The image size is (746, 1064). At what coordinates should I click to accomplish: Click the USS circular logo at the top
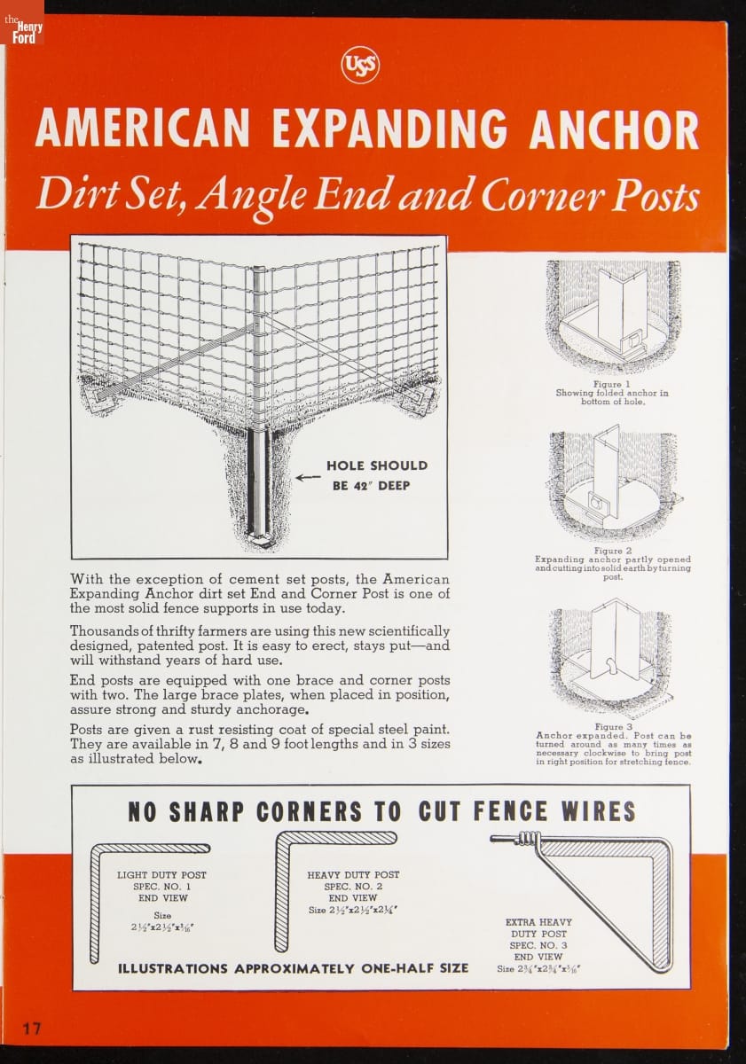[361, 65]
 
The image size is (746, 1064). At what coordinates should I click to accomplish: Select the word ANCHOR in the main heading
[614, 129]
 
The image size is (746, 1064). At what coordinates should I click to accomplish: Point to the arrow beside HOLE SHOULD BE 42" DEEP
[308, 478]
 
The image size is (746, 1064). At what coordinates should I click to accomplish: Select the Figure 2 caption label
[613, 551]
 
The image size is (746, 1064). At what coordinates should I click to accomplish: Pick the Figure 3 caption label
[614, 727]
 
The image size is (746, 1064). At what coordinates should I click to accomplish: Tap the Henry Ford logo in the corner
[22, 30]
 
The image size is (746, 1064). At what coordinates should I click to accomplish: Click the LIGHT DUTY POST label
[161, 875]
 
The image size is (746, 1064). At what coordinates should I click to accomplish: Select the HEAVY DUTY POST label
[353, 875]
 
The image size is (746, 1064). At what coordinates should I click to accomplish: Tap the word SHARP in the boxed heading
[207, 813]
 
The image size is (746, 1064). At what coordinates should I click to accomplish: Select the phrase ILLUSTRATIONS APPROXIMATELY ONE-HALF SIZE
[294, 968]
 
